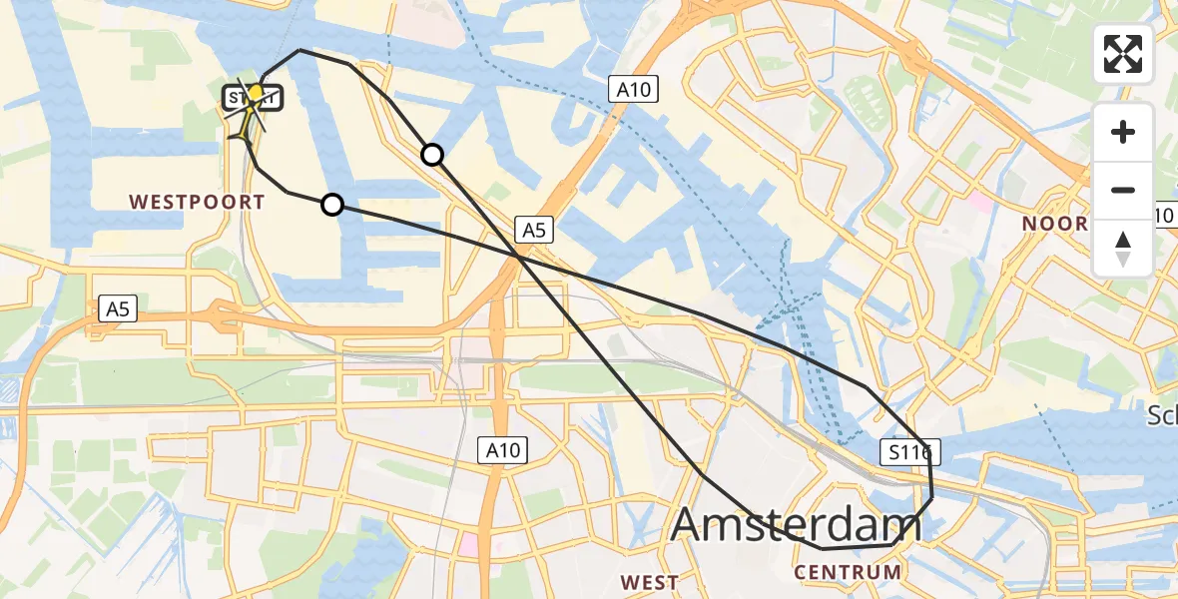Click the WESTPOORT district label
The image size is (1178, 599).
click(x=197, y=203)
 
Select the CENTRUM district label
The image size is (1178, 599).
click(x=848, y=573)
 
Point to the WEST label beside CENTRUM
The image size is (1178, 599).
click(x=649, y=582)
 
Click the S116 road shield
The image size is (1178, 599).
click(x=911, y=453)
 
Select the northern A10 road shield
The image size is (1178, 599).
click(x=633, y=91)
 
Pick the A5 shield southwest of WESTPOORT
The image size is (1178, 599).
click(x=117, y=310)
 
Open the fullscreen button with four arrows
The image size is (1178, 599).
click(x=1123, y=54)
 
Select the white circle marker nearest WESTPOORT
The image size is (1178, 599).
click(x=332, y=205)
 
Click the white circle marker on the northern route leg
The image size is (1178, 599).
click(x=432, y=154)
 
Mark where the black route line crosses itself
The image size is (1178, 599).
click(x=520, y=258)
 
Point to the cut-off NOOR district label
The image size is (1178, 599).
click(x=1053, y=224)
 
